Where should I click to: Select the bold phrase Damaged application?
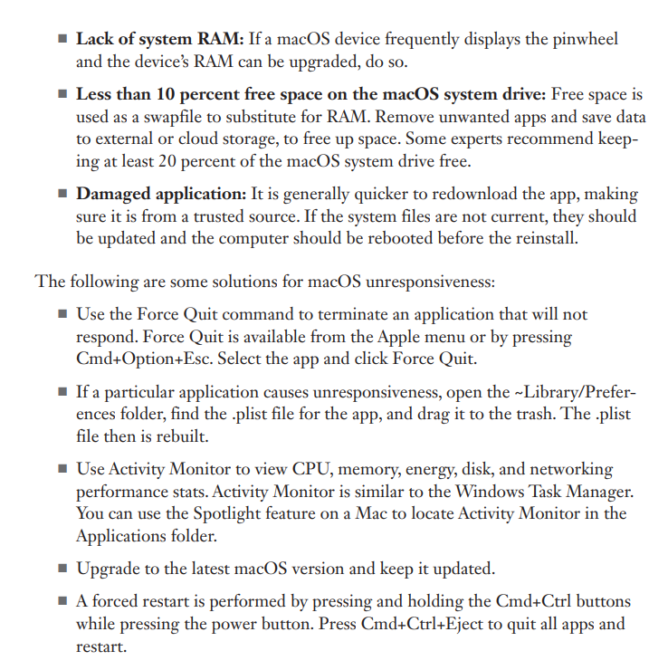pyautogui.click(x=160, y=195)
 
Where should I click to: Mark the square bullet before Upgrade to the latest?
pyautogui.click(x=62, y=569)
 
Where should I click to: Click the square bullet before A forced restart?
pyautogui.click(x=62, y=602)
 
